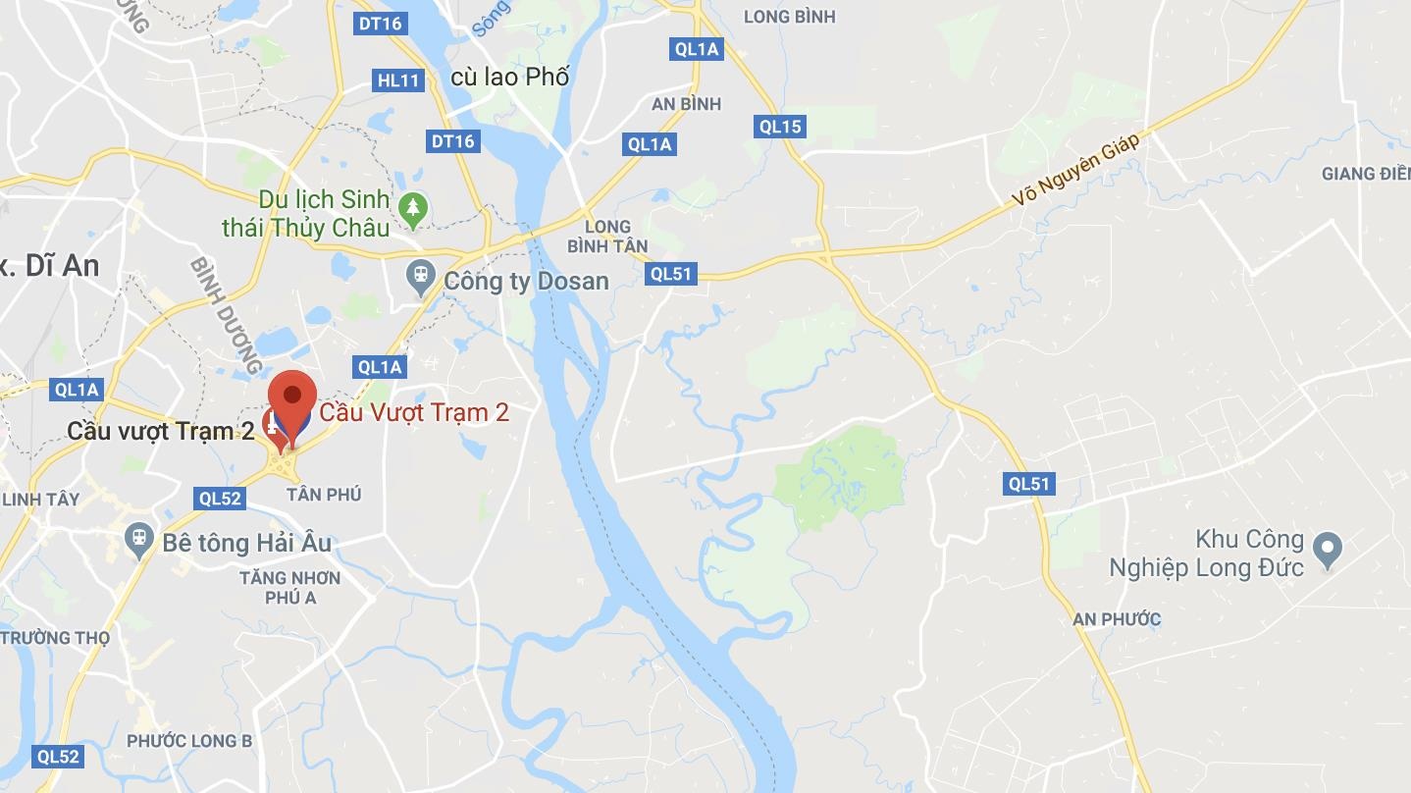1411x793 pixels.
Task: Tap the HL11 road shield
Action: pyautogui.click(x=398, y=80)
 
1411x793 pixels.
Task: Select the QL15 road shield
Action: pyautogui.click(x=780, y=126)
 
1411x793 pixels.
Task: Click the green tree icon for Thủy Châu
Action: pyautogui.click(x=413, y=208)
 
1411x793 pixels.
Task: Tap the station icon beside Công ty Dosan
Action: pyautogui.click(x=421, y=277)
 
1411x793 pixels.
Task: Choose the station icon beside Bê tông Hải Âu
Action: pyautogui.click(x=139, y=539)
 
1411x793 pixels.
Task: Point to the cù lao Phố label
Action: pyautogui.click(x=509, y=77)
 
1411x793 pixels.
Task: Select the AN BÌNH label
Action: pyautogui.click(x=686, y=104)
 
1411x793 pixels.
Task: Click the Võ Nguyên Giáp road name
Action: pyautogui.click(x=1076, y=170)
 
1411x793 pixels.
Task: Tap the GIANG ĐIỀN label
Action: pyautogui.click(x=1365, y=174)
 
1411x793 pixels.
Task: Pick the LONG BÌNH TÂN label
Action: pyautogui.click(x=607, y=237)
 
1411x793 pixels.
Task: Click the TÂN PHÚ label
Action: pyautogui.click(x=324, y=495)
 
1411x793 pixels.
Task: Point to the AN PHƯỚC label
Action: pyautogui.click(x=1117, y=619)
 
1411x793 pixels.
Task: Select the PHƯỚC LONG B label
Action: pyautogui.click(x=189, y=741)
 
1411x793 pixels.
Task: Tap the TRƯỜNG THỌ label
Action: pyautogui.click(x=55, y=638)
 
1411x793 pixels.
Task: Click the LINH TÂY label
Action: pyautogui.click(x=40, y=500)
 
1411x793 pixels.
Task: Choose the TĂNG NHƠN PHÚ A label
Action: pyautogui.click(x=290, y=587)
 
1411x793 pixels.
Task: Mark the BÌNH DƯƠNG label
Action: pyautogui.click(x=227, y=316)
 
